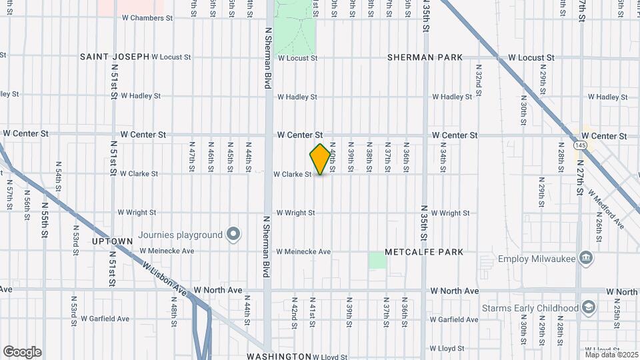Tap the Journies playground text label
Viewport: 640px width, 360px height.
(180, 235)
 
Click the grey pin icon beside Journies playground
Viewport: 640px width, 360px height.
(233, 234)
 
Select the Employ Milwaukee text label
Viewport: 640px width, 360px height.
(536, 258)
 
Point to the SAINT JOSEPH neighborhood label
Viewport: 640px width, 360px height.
(115, 57)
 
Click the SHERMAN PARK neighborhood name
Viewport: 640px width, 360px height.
(425, 58)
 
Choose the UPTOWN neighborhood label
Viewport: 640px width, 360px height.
(112, 241)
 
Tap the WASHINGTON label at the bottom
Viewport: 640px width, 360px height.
(279, 356)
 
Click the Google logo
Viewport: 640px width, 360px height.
(22, 352)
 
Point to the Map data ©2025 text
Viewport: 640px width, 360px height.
(611, 354)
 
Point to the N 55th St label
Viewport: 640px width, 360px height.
(45, 220)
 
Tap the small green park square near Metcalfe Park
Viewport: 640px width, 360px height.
(378, 260)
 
